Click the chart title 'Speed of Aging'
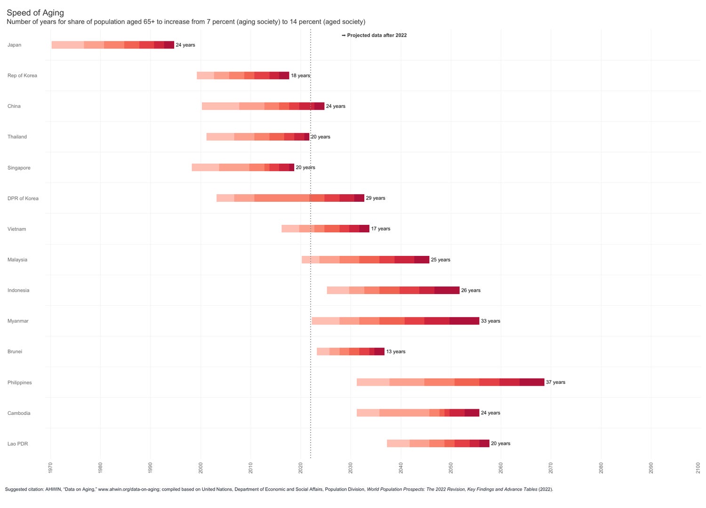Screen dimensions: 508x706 click(x=35, y=13)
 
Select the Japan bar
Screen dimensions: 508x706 click(x=113, y=45)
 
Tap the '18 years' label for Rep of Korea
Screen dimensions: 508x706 click(x=300, y=76)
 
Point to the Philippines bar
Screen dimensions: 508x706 click(x=450, y=382)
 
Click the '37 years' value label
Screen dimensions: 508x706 click(x=555, y=382)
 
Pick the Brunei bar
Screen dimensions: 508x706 click(x=351, y=351)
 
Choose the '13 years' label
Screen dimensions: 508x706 click(x=395, y=352)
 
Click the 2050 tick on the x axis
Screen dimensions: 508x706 click(x=451, y=468)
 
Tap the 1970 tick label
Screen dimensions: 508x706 click(x=50, y=468)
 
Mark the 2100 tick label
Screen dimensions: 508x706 click(x=701, y=468)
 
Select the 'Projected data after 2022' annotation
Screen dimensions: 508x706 click(x=375, y=35)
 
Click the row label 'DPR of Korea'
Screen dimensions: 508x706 click(x=23, y=198)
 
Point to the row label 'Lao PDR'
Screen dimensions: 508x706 click(x=18, y=444)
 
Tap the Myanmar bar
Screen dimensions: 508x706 click(x=395, y=321)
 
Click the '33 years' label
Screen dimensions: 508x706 click(x=490, y=321)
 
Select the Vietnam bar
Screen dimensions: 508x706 click(x=325, y=229)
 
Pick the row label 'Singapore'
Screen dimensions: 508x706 click(x=19, y=168)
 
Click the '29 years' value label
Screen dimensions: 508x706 click(x=375, y=198)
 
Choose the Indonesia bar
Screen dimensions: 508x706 click(x=393, y=290)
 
